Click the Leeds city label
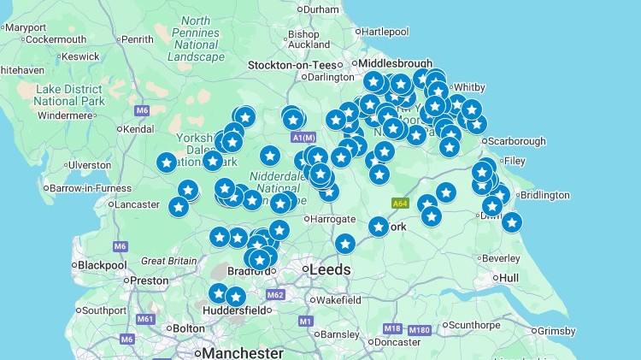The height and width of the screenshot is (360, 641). click(x=329, y=269)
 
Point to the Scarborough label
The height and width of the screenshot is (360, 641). click(x=516, y=141)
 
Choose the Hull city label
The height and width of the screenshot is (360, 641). click(x=509, y=278)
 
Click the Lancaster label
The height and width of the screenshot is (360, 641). click(x=137, y=204)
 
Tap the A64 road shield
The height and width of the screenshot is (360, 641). click(x=399, y=204)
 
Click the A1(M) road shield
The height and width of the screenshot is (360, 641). click(x=303, y=138)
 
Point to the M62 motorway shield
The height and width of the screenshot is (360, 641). click(x=275, y=295)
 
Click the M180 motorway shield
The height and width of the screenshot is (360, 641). click(x=419, y=330)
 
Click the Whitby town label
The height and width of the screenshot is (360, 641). click(x=469, y=87)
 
